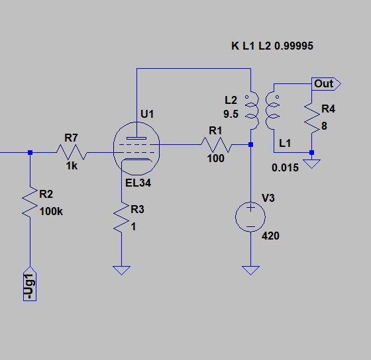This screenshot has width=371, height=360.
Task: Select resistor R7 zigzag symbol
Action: point(72,152)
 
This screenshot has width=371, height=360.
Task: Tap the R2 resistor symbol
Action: point(30,201)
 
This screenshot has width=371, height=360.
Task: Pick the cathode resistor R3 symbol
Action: point(121,217)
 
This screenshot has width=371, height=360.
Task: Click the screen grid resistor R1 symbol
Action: point(217,144)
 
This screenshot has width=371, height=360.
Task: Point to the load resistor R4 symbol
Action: point(312,118)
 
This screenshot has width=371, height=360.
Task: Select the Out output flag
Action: point(326,83)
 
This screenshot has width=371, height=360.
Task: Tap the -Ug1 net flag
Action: point(30,284)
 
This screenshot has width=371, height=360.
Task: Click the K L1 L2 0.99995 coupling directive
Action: point(272,46)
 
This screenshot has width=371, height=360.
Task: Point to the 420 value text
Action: point(270,236)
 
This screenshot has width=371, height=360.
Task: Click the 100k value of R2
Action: point(51,211)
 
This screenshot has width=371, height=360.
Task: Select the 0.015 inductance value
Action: point(285,168)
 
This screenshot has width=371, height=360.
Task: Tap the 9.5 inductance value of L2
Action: point(231,114)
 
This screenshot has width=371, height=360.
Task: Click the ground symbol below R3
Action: point(121,271)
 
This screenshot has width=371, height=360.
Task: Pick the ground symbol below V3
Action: point(250,271)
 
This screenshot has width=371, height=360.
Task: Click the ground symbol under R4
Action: point(312,164)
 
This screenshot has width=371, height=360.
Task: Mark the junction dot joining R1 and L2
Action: point(251,145)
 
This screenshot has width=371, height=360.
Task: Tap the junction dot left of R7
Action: point(30,152)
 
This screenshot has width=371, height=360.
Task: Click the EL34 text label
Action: point(138,183)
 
